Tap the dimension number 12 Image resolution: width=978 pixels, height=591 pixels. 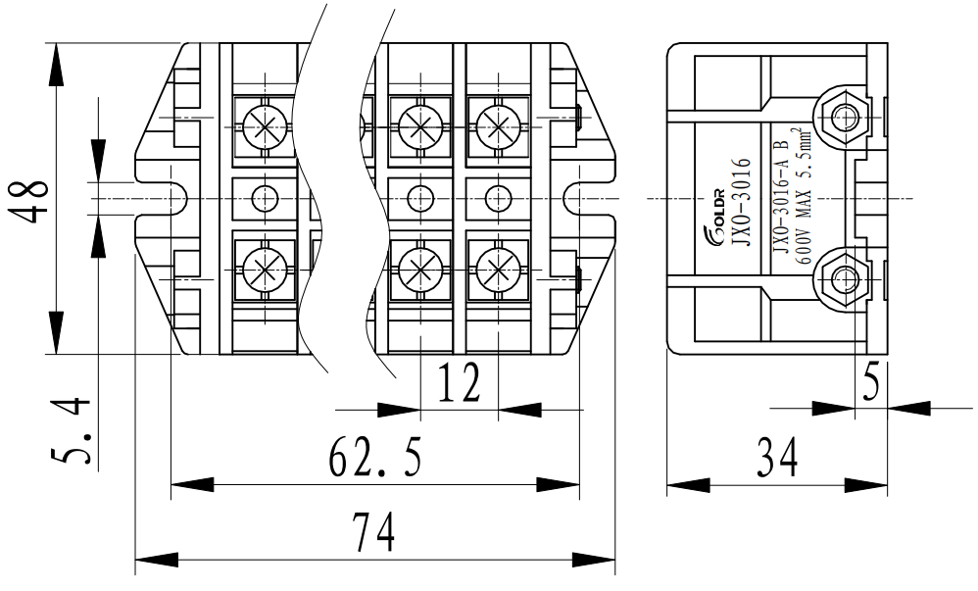coord(458,382)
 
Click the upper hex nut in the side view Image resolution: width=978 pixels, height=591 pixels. coord(842,118)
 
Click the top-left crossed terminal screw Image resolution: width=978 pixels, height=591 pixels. coord(264,125)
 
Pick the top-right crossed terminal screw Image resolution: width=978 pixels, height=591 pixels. coord(498,125)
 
